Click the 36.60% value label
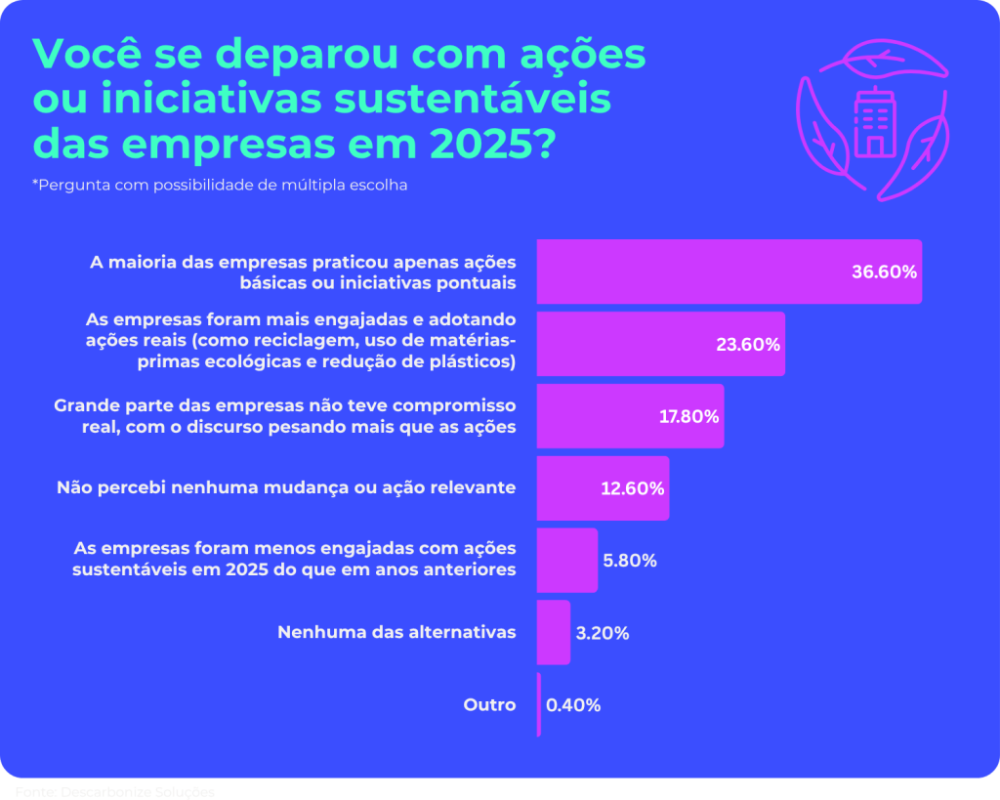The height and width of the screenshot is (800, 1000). [884, 273]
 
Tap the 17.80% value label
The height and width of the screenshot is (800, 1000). [688, 416]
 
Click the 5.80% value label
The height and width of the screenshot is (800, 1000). [630, 561]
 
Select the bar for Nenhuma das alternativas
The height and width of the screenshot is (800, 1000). [553, 632]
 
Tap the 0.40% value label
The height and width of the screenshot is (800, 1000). [573, 704]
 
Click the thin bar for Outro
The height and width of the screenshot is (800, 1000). [538, 704]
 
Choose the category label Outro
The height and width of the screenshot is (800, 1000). [489, 704]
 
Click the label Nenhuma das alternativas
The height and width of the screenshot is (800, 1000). [396, 632]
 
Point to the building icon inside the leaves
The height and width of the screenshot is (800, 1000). [874, 122]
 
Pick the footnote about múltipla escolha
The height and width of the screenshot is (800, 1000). [220, 185]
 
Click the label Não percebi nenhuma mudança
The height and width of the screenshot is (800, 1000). [286, 487]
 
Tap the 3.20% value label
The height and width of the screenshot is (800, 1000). [603, 633]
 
